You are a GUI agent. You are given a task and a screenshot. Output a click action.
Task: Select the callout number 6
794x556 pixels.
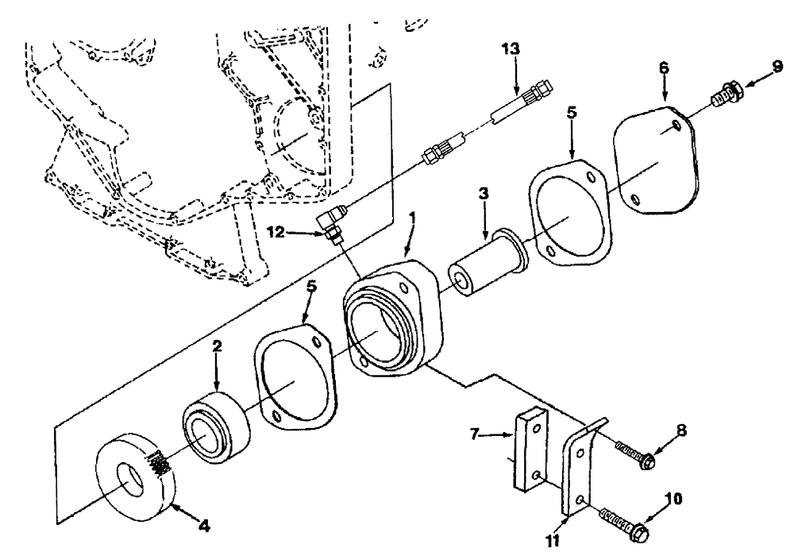(x=664, y=68)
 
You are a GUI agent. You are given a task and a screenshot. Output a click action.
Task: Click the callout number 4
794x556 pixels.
(x=204, y=525)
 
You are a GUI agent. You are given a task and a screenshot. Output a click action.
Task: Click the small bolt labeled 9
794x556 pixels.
(x=724, y=86)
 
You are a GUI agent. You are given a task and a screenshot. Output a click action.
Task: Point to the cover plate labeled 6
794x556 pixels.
(x=658, y=163)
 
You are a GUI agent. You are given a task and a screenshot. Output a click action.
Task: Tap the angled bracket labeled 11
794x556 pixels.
(x=579, y=469)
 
